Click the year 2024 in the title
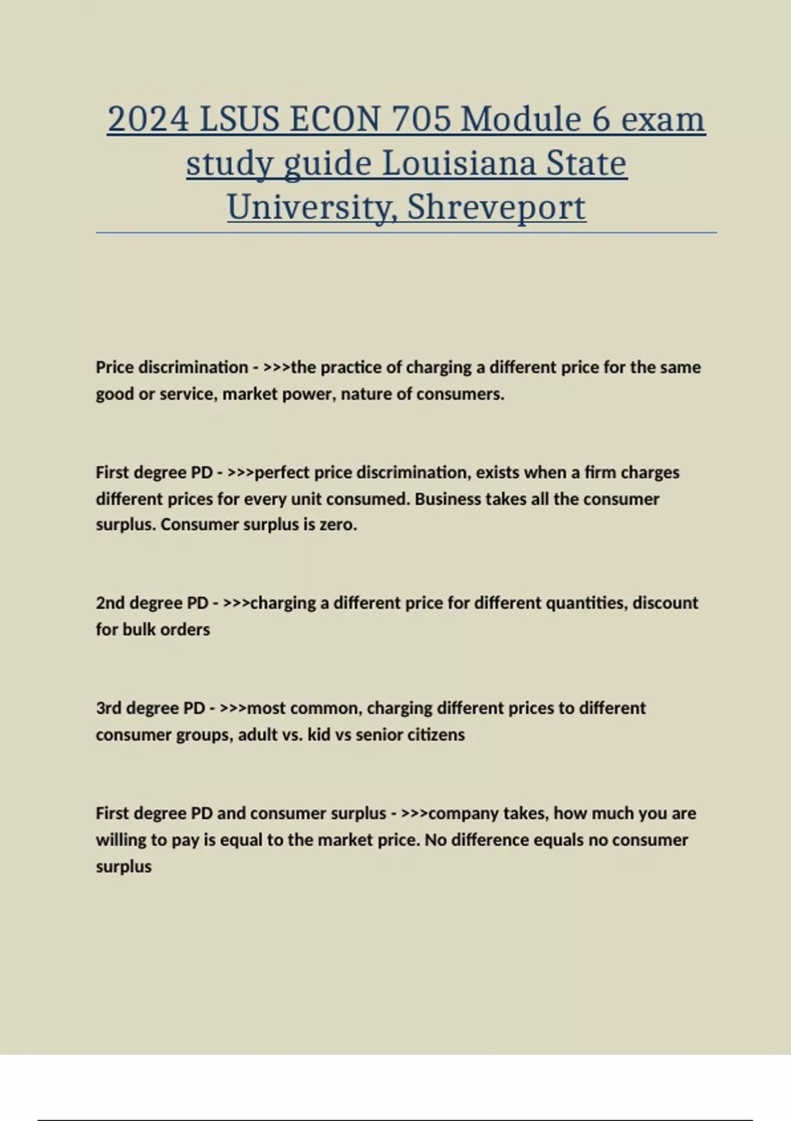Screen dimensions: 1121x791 click(x=148, y=120)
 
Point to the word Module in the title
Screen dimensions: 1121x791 click(x=521, y=120)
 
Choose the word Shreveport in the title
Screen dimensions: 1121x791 click(x=496, y=207)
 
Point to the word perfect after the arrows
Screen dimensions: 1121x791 click(x=281, y=473)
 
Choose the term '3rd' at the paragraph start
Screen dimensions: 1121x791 click(x=109, y=708)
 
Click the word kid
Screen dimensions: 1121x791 click(x=319, y=735)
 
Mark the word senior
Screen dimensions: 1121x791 click(x=379, y=735)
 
